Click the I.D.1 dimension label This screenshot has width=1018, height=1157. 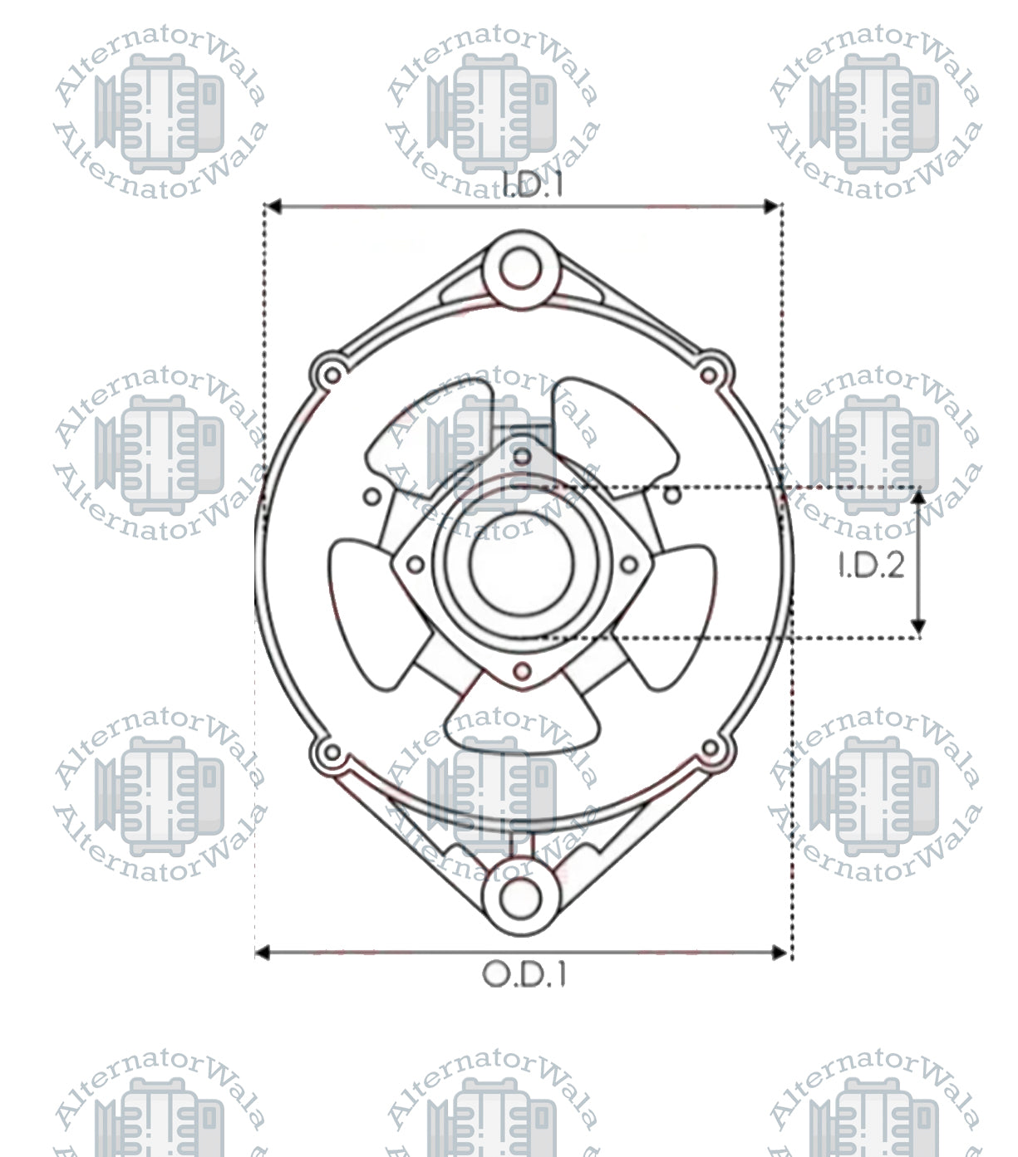pos(533,184)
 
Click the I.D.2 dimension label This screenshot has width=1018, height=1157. pos(870,566)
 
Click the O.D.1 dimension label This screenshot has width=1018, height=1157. pos(524,973)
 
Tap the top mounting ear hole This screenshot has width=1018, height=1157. pos(521,267)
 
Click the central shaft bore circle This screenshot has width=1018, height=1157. pos(521,563)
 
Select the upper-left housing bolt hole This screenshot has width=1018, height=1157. pos(331,375)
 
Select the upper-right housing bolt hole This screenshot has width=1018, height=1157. pos(709,375)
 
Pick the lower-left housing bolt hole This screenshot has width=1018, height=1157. pos(331,753)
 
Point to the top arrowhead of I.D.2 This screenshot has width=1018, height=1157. pos(918,497)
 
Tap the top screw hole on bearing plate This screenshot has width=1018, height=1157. pos(521,455)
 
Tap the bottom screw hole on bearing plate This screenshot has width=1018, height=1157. pos(522,670)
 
